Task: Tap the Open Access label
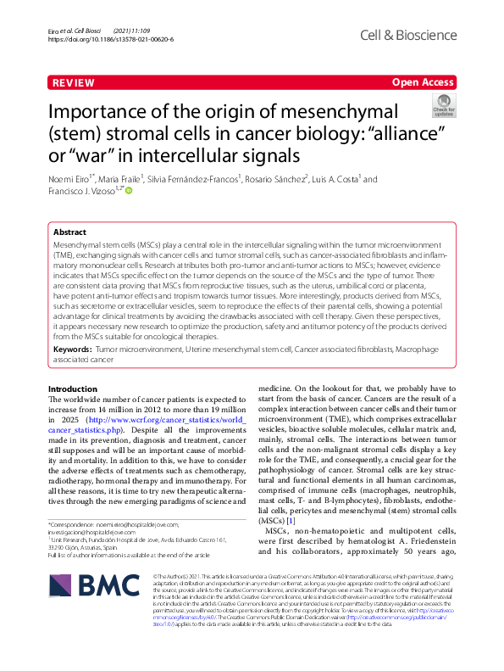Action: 424,83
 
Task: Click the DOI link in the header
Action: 111,39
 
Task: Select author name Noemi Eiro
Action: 69,179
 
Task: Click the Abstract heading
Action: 69,232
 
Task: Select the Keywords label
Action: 74,349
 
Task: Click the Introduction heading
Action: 73,389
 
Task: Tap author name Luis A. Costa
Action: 336,179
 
